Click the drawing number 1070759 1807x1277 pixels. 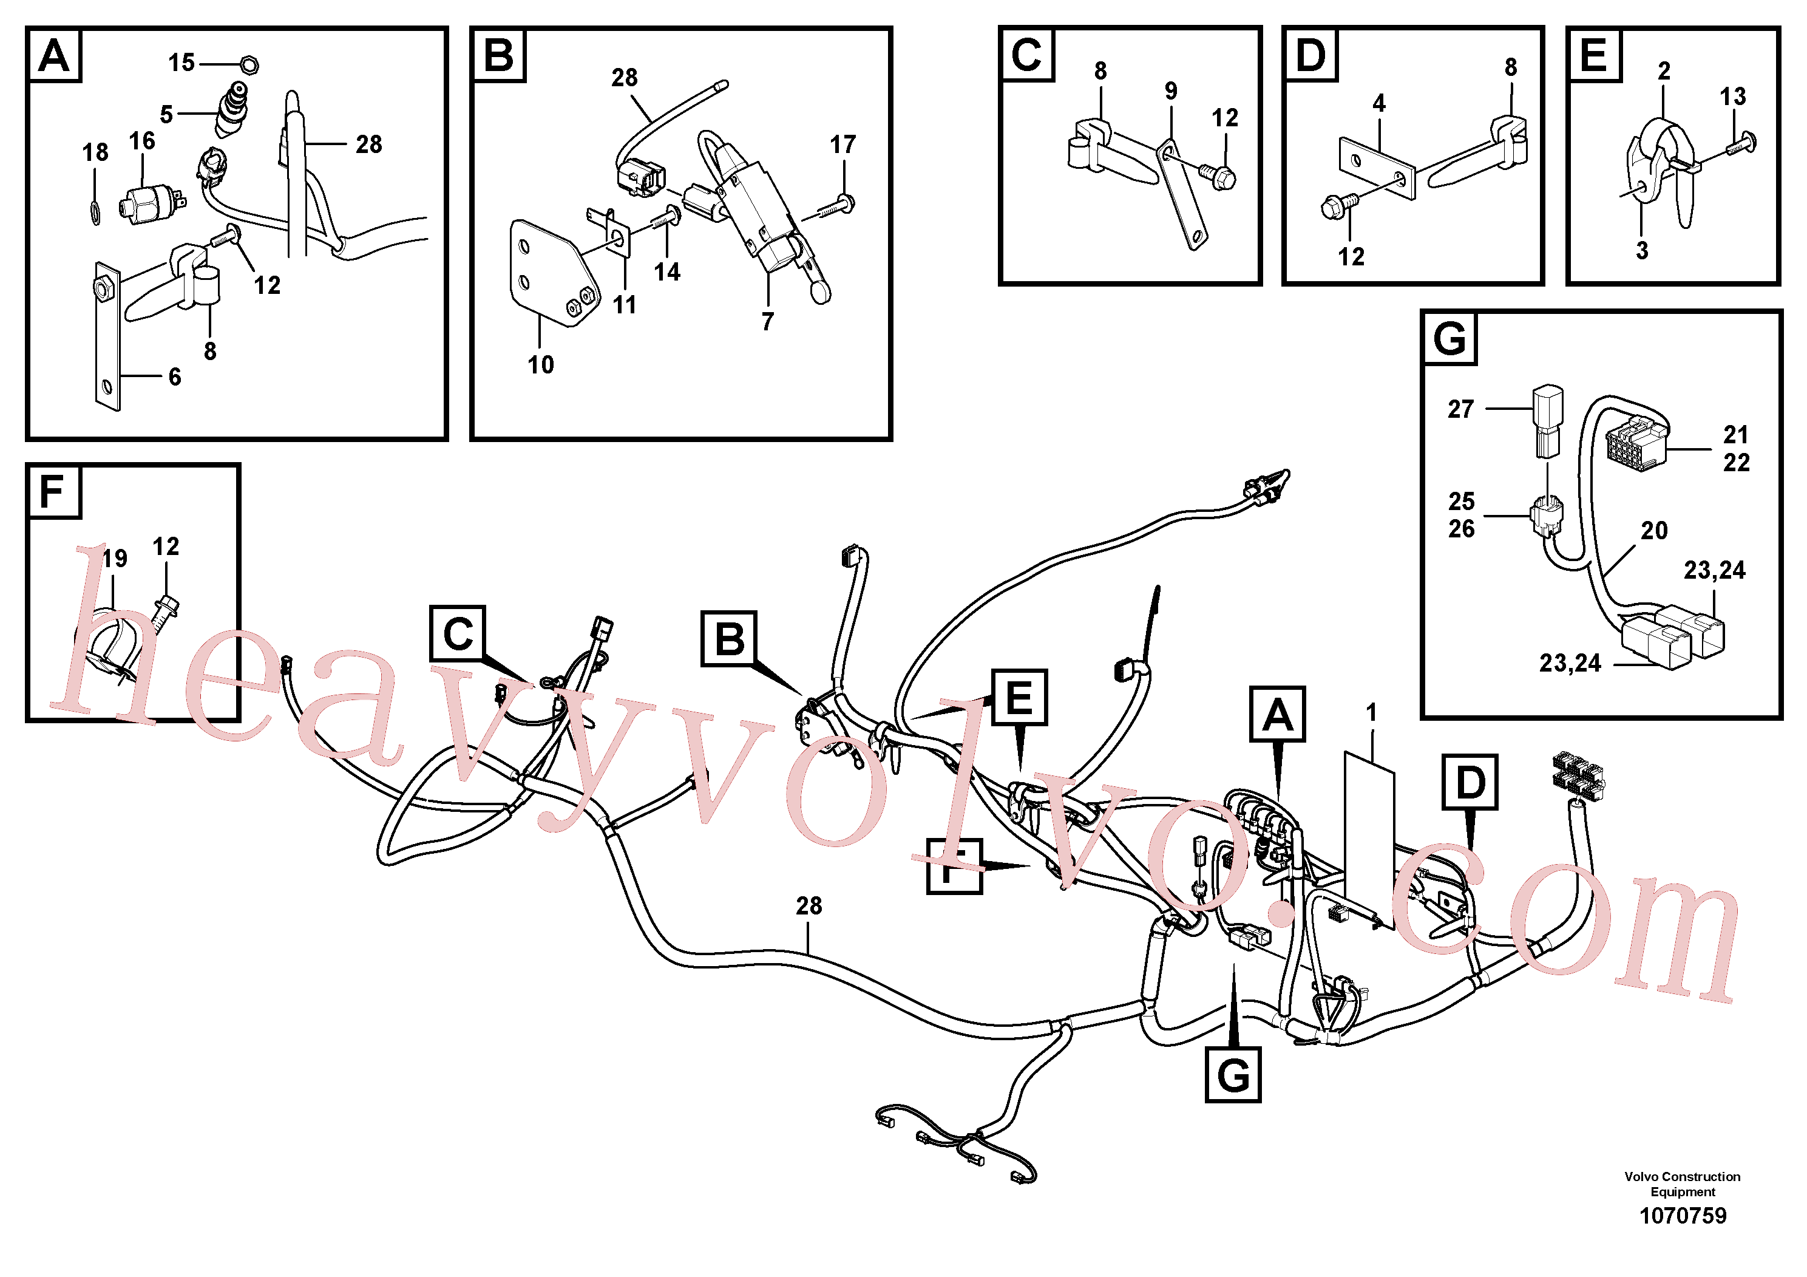pos(1683,1216)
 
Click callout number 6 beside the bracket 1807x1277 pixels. pos(175,377)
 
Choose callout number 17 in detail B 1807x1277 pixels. pos(843,145)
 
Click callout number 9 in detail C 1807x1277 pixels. pos(1171,91)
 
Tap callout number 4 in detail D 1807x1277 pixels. pos(1379,103)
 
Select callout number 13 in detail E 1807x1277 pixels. pos(1733,97)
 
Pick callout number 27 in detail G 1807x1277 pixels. pos(1460,409)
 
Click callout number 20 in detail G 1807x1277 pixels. pos(1654,531)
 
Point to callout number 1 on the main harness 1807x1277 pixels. pos(1372,712)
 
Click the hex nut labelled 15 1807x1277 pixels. pos(249,64)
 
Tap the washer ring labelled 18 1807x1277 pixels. pos(95,213)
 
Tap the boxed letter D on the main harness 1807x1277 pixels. pos(1470,783)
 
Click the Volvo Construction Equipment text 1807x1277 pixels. pos(1683,1184)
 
